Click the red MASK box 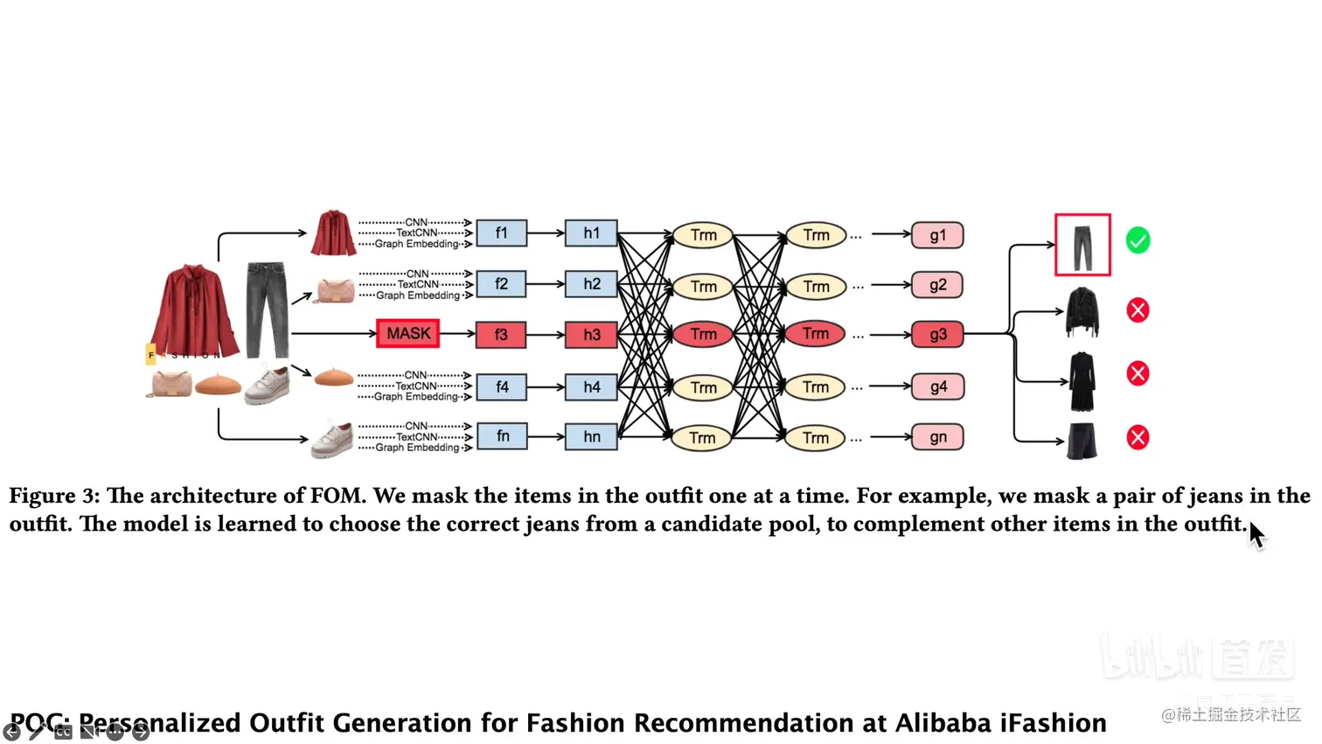point(407,333)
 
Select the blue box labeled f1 point(501,233)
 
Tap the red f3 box point(501,335)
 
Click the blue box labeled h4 point(591,386)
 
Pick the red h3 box point(591,335)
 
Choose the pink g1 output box point(937,235)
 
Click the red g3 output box point(937,335)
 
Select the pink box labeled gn point(937,437)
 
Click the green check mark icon point(1138,240)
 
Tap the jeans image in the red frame point(1082,246)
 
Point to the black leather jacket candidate point(1082,311)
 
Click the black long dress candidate point(1082,381)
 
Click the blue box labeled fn point(502,436)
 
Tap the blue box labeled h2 point(591,284)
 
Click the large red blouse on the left point(194,310)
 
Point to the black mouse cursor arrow point(1256,534)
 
